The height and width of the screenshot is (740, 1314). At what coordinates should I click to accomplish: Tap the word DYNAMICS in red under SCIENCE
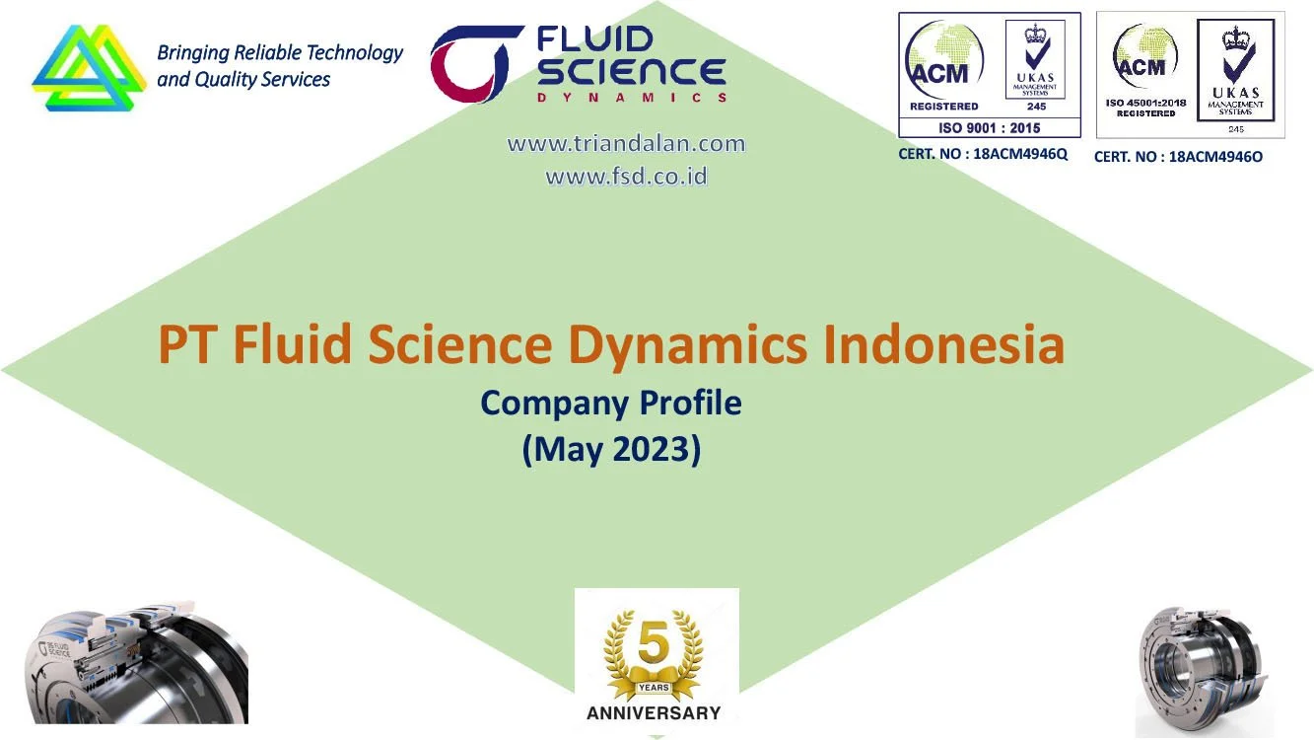pyautogui.click(x=632, y=97)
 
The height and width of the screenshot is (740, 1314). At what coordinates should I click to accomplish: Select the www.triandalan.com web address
pyautogui.click(x=626, y=144)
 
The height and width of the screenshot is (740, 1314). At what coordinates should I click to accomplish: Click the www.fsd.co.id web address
pyautogui.click(x=626, y=178)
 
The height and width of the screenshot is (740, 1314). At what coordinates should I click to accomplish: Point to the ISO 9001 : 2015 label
pyautogui.click(x=989, y=127)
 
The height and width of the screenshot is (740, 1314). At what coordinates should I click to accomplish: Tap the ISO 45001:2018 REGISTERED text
pyautogui.click(x=1145, y=108)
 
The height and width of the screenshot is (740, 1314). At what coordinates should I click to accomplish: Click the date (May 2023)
pyautogui.click(x=611, y=449)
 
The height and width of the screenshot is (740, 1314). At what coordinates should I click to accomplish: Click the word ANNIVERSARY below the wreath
pyautogui.click(x=654, y=712)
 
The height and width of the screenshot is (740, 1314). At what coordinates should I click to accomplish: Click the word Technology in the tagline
pyautogui.click(x=356, y=52)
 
